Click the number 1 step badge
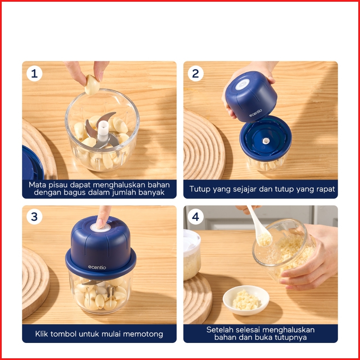pyautogui.click(x=34, y=74)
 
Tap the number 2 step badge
pyautogui.click(x=196, y=74)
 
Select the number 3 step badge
pyautogui.click(x=34, y=217)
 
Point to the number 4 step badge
pyautogui.click(x=196, y=217)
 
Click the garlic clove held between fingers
pyautogui.click(x=92, y=85)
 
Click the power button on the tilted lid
pyautogui.click(x=242, y=85)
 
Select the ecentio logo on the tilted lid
pyautogui.click(x=256, y=113)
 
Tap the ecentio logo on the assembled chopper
pyautogui.click(x=97, y=267)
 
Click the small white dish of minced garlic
pyautogui.click(x=246, y=300)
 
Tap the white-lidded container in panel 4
pyautogui.click(x=192, y=255)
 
